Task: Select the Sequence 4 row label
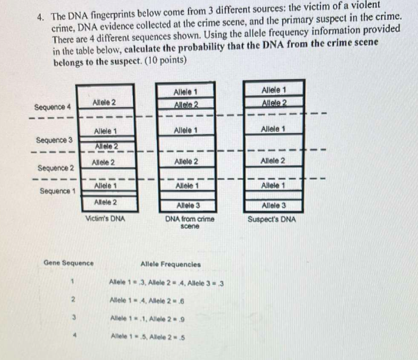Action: tap(52, 107)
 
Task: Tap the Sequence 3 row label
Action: tap(54, 140)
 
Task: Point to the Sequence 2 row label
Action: tap(55, 167)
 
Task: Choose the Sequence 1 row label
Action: tap(58, 191)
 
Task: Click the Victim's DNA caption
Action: tap(105, 219)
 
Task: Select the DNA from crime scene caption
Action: tap(190, 223)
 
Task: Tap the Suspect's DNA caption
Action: tap(271, 219)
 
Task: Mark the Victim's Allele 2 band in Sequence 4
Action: tap(105, 103)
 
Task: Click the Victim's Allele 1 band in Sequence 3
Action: tap(105, 131)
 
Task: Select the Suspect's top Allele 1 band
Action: tap(274, 90)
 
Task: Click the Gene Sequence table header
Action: tap(69, 263)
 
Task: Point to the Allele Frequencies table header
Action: tap(170, 264)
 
